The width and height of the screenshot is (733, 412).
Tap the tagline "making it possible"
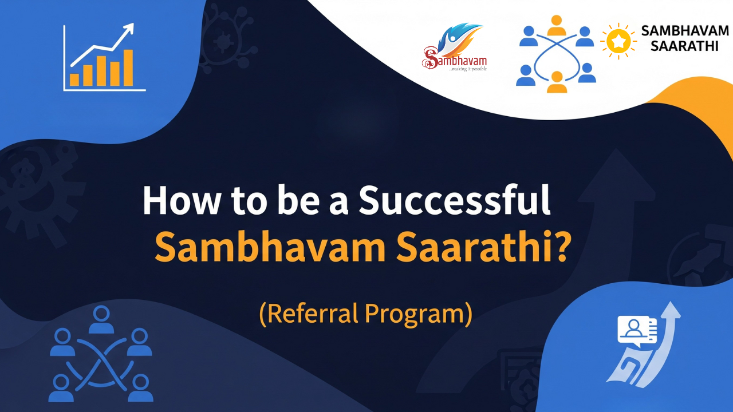coord(468,69)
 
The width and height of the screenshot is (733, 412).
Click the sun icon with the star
coord(618,41)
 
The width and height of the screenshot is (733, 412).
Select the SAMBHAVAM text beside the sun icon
coord(684,31)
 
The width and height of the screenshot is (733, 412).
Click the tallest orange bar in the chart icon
coord(128,67)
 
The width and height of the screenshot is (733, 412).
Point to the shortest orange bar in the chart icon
coord(74,79)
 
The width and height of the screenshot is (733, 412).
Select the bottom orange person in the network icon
coord(555,82)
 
